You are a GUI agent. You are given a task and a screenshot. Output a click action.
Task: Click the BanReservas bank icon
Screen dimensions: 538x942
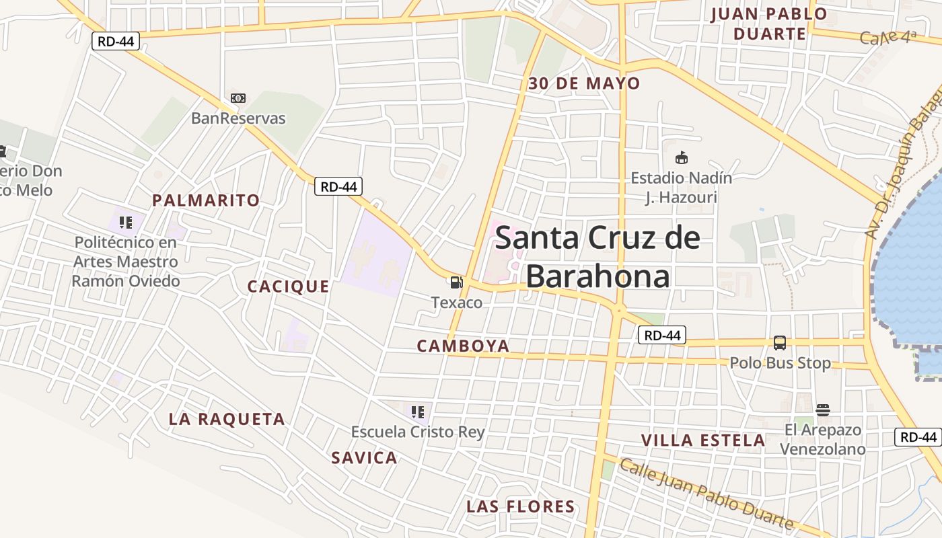click(x=238, y=98)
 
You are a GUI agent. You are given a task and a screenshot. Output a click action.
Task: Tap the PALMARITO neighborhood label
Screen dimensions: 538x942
click(x=206, y=200)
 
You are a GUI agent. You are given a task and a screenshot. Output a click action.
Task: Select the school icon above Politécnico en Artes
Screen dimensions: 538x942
click(x=125, y=222)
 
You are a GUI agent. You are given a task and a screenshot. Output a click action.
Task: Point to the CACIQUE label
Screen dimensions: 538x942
click(x=289, y=286)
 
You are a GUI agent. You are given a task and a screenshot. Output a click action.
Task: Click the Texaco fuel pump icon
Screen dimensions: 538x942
click(x=457, y=282)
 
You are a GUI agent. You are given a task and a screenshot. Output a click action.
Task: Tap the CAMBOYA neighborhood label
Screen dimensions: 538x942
click(x=463, y=346)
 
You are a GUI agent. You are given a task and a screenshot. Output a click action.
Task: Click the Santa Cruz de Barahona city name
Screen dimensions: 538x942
click(x=597, y=257)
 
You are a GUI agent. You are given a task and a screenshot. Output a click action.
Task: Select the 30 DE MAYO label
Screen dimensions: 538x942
click(x=584, y=84)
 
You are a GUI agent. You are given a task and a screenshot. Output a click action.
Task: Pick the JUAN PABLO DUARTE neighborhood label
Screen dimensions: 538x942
click(x=769, y=24)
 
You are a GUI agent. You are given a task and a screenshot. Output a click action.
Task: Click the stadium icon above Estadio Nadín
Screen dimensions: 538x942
click(x=682, y=158)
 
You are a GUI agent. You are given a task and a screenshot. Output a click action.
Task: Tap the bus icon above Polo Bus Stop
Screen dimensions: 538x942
click(x=779, y=343)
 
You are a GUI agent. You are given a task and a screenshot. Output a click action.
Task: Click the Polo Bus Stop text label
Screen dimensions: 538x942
click(x=781, y=363)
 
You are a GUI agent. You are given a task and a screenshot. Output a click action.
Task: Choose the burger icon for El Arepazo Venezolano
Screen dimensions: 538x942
click(x=822, y=410)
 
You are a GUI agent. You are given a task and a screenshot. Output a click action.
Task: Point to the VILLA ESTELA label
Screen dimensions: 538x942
click(x=703, y=440)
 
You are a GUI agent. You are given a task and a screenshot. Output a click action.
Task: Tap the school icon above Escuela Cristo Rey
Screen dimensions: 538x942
click(x=418, y=412)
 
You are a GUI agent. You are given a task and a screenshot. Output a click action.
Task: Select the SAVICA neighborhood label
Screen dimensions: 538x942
click(x=364, y=458)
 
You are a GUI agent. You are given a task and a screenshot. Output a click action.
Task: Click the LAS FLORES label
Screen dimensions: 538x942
click(x=521, y=506)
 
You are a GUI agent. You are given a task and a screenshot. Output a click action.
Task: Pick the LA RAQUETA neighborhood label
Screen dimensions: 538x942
click(x=227, y=420)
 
